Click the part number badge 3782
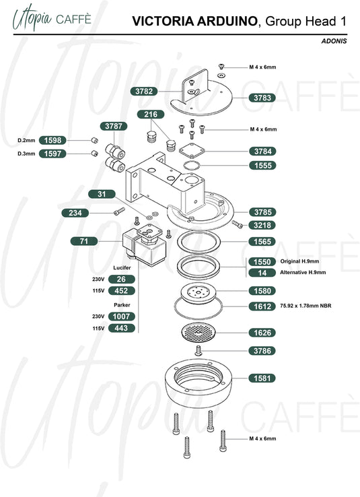tap(144, 92)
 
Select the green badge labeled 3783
tap(262, 98)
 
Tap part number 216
tap(151, 114)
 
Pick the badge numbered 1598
tap(52, 140)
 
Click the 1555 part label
tap(262, 166)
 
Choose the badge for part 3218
tap(262, 226)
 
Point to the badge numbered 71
tap(84, 241)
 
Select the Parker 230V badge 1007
tap(122, 317)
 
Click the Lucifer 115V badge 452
tap(122, 291)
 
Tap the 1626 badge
tap(262, 333)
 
